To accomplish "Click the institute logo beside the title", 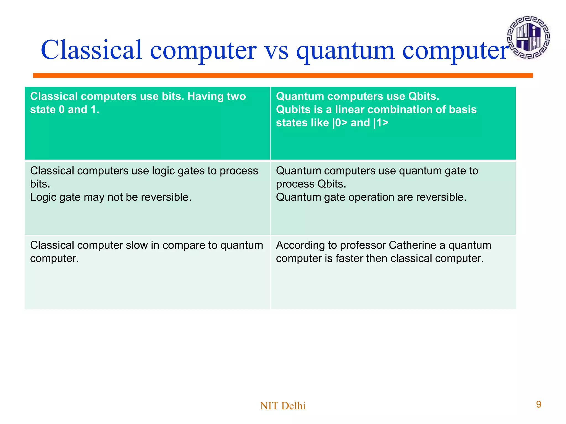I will click(x=528, y=37).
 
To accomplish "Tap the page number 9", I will click(x=538, y=404).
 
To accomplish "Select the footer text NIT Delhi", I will click(x=283, y=406).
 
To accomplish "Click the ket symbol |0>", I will click(x=340, y=123).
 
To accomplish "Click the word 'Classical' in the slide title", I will click(x=91, y=50).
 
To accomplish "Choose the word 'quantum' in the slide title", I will click(x=345, y=51).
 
